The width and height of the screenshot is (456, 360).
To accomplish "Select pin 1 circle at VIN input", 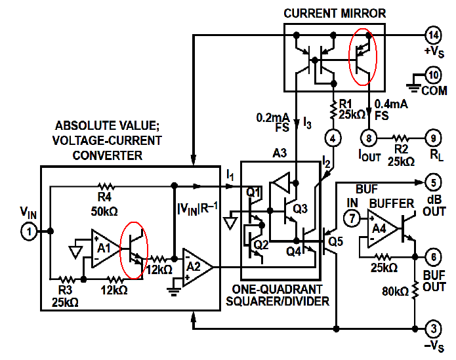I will click(x=29, y=231).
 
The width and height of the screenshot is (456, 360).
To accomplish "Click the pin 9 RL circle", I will click(x=369, y=138).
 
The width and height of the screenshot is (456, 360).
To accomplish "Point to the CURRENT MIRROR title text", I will click(x=335, y=13).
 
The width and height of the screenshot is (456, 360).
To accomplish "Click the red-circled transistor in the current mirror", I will click(x=362, y=61).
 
